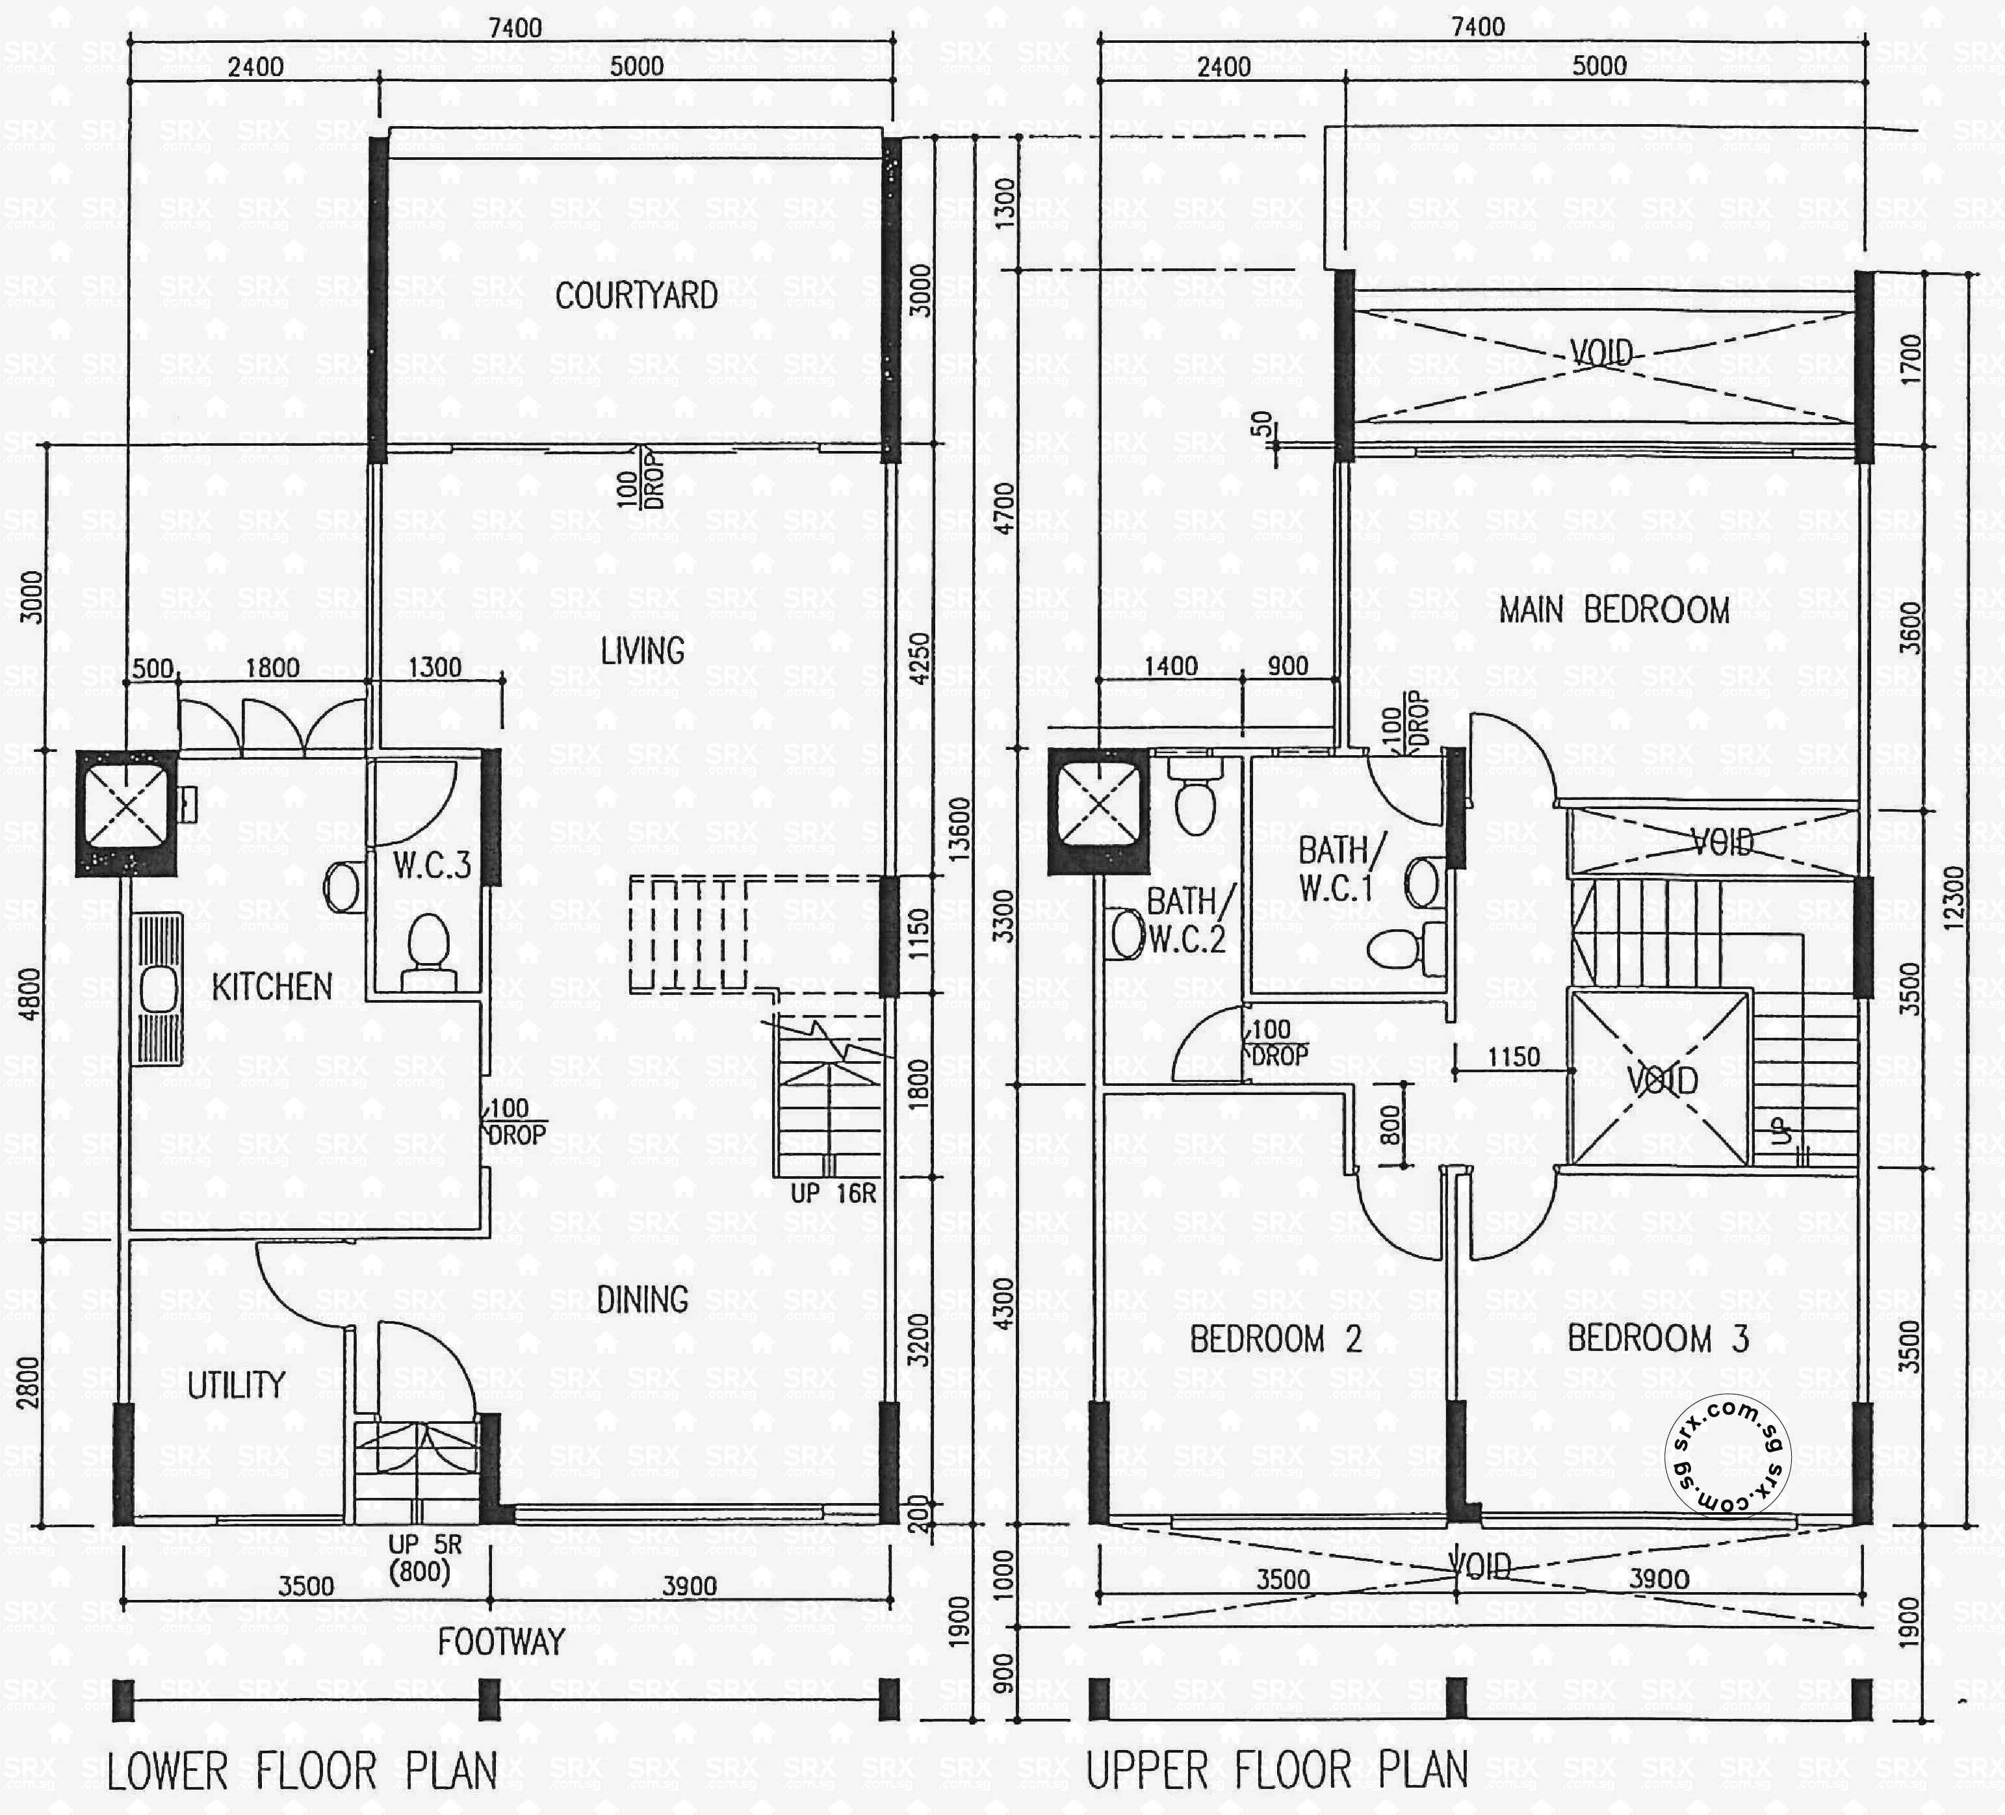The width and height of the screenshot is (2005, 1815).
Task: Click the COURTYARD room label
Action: coord(636,296)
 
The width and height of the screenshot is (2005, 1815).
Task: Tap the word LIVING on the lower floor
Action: coord(643,651)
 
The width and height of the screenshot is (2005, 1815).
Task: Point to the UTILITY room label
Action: coord(236,1384)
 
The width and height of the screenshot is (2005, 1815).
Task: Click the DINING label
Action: coord(643,1299)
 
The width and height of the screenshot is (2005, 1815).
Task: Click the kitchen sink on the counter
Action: coord(158,990)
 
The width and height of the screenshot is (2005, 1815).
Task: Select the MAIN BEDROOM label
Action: coord(1614,610)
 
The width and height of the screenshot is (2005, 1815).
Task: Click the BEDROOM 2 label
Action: coord(1275,1339)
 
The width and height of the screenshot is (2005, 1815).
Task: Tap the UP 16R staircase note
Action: coord(833,1193)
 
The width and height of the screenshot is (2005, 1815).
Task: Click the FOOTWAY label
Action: coord(501,1642)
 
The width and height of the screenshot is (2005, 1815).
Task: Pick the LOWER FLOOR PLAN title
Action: coord(302,1772)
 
